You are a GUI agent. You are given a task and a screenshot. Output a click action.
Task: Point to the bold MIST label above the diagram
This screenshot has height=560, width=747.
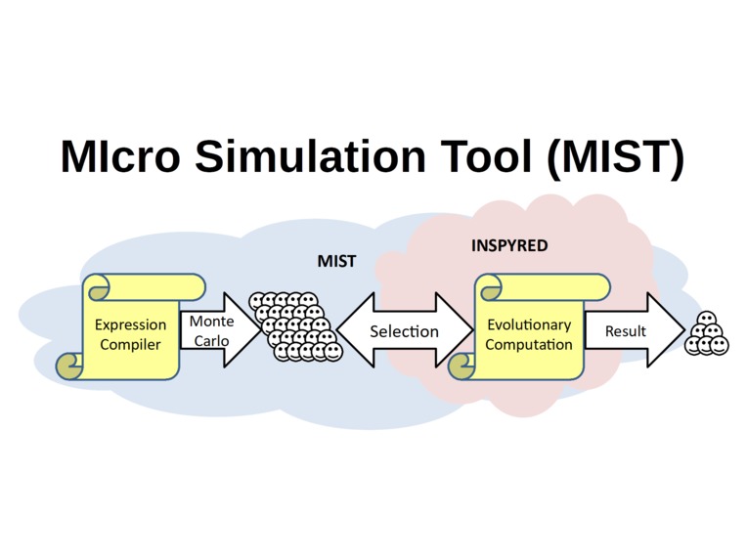pos(336,261)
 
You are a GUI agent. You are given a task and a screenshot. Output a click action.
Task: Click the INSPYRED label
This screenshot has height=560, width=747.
pos(509,245)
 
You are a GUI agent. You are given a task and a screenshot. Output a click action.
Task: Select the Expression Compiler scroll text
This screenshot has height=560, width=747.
pos(130,334)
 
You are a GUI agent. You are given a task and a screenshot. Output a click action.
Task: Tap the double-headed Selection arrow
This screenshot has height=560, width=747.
pos(404,331)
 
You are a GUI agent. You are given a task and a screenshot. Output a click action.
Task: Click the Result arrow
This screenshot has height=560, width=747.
pos(631,331)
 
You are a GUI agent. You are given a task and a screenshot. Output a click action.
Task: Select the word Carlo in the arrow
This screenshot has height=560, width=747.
pos(210,341)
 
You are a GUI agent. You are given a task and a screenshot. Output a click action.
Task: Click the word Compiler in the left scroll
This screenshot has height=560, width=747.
pos(130,344)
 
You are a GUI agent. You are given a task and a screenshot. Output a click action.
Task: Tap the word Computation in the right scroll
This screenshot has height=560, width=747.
pos(528,344)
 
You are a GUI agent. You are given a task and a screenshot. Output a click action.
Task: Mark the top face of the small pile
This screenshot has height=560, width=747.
pos(706,319)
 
